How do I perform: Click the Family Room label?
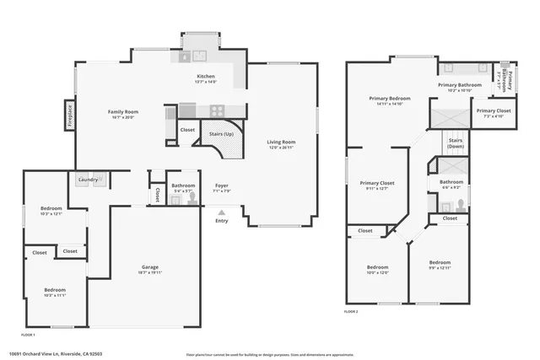122,113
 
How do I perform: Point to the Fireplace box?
68,116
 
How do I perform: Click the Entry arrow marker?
221,213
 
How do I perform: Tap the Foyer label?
221,186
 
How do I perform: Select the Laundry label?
88,179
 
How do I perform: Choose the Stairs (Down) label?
456,142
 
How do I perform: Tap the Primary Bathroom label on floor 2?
460,86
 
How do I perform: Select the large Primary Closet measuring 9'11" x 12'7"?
377,185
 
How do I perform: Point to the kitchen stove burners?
216,109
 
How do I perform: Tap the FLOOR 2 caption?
351,311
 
